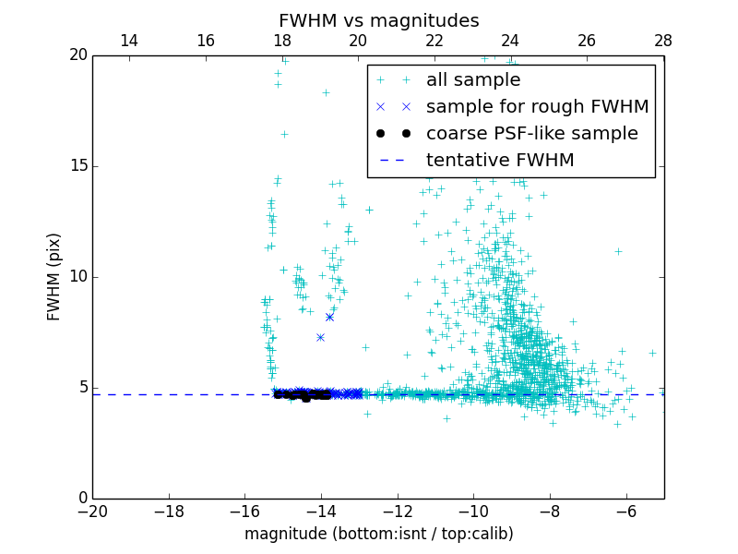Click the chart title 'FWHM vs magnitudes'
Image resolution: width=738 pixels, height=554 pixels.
[378, 20]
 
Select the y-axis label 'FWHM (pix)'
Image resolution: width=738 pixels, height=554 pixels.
[54, 276]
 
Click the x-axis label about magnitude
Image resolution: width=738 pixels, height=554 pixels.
[378, 534]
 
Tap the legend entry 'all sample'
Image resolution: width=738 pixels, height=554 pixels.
[473, 80]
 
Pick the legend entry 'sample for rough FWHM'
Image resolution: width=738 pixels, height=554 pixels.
[537, 107]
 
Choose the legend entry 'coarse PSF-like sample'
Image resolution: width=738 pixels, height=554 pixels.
[531, 134]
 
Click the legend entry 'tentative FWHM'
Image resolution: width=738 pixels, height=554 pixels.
[500, 161]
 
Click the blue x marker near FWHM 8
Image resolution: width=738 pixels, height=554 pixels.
[329, 317]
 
